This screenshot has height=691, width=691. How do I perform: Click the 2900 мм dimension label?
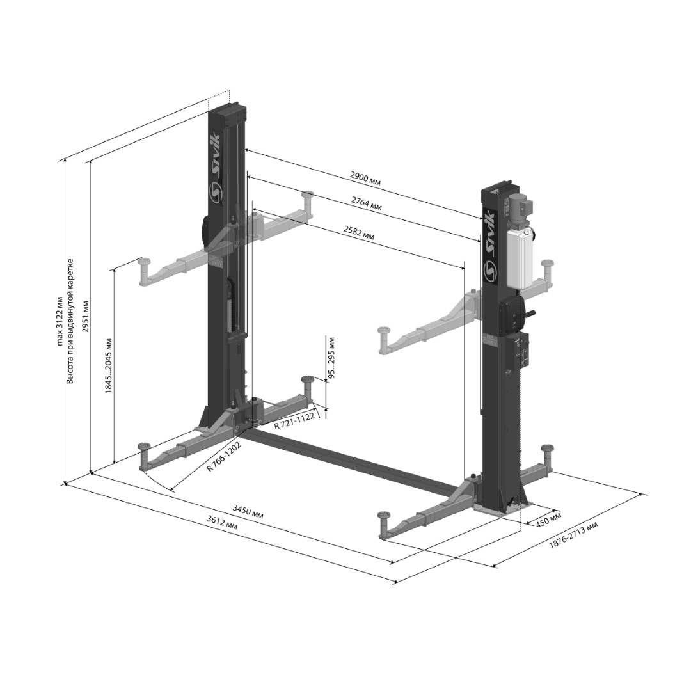click(365, 177)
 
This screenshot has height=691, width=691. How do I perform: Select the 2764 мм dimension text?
click(366, 203)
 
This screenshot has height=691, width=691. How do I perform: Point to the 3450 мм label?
click(248, 512)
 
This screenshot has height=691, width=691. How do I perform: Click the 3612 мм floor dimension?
click(222, 523)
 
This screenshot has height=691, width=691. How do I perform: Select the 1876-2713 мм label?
click(573, 534)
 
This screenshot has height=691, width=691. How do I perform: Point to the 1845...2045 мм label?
click(108, 366)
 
